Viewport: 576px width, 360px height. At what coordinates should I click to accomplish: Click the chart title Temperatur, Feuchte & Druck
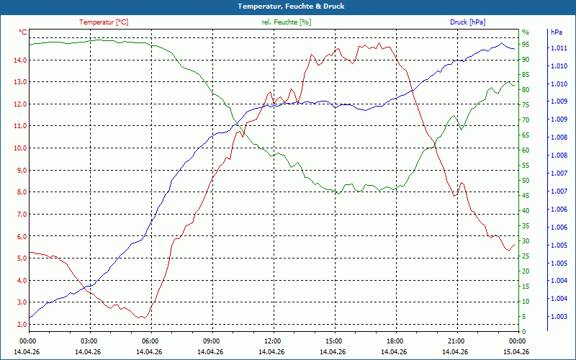point(287,6)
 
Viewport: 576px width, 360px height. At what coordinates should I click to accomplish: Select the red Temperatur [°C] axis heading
point(104,22)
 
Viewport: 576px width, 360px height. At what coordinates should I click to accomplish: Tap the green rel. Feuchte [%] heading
point(287,22)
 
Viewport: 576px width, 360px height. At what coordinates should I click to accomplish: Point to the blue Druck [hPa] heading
point(467,22)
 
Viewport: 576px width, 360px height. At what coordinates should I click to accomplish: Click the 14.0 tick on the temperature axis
point(20,60)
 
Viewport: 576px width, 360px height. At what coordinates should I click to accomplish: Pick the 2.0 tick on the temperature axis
point(20,325)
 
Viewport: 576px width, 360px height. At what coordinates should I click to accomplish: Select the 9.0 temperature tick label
point(20,170)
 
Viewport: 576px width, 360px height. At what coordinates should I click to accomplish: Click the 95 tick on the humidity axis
point(526,45)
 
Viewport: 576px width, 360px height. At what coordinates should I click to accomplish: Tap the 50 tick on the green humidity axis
point(526,181)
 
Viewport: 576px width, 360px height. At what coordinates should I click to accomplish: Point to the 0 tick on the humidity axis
point(524,332)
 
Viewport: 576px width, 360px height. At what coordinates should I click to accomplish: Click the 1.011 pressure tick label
point(559,48)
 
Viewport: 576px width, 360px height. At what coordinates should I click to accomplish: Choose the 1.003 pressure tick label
point(559,317)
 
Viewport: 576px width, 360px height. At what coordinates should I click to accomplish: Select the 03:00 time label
point(89,341)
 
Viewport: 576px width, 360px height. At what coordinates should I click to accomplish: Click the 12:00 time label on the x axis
point(273,341)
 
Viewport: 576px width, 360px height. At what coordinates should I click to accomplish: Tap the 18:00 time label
point(395,341)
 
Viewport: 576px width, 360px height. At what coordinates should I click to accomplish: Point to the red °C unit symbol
point(23,32)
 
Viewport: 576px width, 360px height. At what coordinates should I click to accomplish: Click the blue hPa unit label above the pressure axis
point(556,32)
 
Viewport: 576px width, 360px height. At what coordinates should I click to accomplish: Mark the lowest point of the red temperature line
point(142,318)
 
